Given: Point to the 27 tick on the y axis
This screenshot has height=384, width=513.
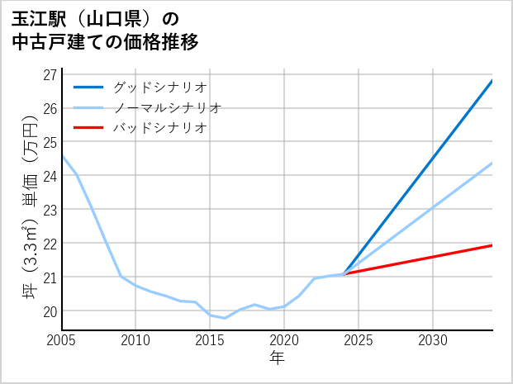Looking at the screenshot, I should click(x=50, y=74).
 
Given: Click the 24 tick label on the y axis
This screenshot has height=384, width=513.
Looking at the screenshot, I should click(x=50, y=176).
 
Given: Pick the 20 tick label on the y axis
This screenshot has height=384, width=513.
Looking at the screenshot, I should click(x=50, y=311).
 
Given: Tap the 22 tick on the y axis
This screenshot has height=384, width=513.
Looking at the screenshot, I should click(x=50, y=244).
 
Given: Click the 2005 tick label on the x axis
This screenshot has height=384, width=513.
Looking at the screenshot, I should click(x=62, y=340).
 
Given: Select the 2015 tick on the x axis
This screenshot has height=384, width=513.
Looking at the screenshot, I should click(x=210, y=340).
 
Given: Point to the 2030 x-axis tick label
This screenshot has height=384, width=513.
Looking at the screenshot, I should click(x=433, y=340).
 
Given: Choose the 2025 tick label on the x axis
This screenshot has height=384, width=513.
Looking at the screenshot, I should click(x=359, y=340).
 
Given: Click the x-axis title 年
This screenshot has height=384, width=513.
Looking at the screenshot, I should click(x=277, y=358).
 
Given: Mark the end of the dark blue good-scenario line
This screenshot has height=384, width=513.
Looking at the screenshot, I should click(x=492, y=81).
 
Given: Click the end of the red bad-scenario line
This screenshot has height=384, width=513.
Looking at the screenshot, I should click(x=492, y=245).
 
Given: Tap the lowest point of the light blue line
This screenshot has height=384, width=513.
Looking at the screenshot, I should click(x=225, y=318).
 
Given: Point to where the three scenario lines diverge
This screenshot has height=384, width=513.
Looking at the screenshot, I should click(x=344, y=274).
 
